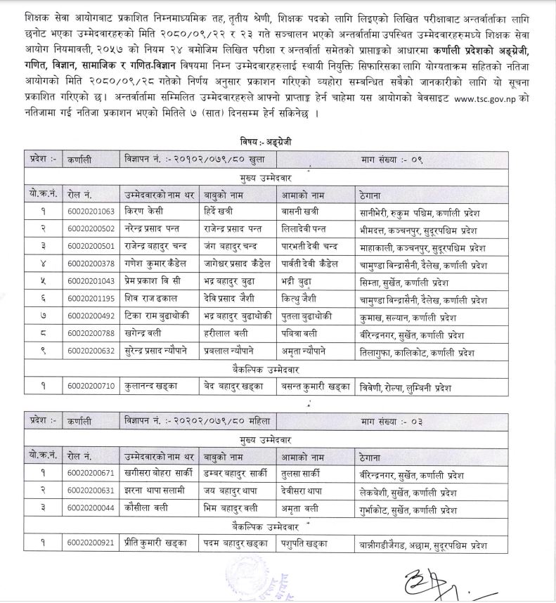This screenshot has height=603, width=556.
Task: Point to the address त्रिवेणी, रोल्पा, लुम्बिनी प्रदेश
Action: tap(404, 387)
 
